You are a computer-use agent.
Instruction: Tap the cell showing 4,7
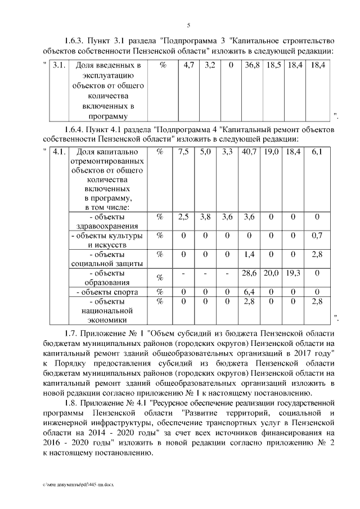188,66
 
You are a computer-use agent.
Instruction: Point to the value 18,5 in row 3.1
273,66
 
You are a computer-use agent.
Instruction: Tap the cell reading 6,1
317,152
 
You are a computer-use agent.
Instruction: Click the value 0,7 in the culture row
317,235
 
